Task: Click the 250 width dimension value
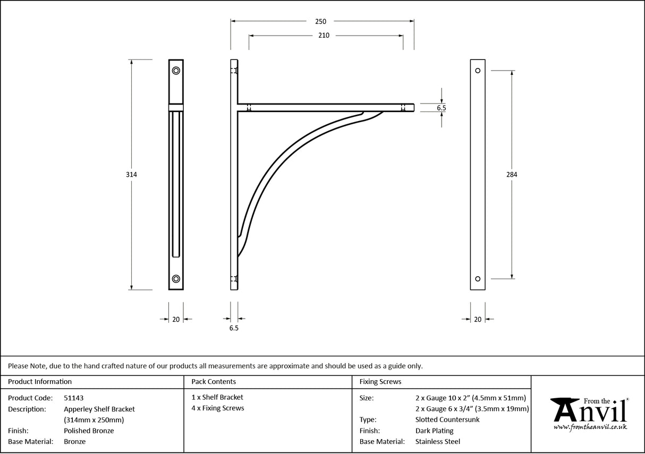point(320,22)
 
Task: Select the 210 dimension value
point(324,36)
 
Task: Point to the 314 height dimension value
point(131,174)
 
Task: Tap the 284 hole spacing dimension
point(512,174)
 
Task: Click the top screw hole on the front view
point(176,71)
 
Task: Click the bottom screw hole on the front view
point(176,279)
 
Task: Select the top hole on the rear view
point(478,71)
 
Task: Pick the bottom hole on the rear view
point(478,279)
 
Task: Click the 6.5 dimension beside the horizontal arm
point(441,108)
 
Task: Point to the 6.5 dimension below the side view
point(234,328)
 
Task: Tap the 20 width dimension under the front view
point(176,319)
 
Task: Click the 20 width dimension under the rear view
point(478,319)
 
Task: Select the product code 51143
point(73,398)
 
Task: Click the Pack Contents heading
point(214,381)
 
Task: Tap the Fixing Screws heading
point(380,381)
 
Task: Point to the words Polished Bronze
point(89,431)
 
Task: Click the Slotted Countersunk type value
point(447,419)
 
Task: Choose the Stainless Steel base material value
point(438,441)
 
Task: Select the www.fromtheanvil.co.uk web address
point(590,427)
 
